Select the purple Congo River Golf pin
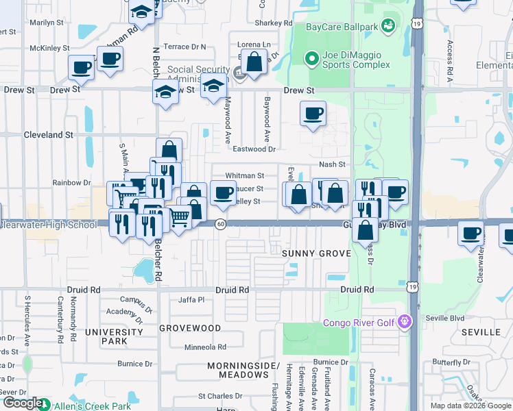tap(405, 321)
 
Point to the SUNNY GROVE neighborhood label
tap(316, 253)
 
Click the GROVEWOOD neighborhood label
tap(190, 328)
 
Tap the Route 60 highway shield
tap(220, 224)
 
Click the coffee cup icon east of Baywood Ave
tap(313, 113)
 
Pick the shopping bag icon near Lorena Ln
tap(254, 62)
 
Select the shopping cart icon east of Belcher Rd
tap(179, 218)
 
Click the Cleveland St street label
tap(48, 135)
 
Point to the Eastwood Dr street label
tap(254, 149)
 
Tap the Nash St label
tap(332, 164)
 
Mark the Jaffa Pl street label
tap(191, 300)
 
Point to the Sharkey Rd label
tap(274, 23)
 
